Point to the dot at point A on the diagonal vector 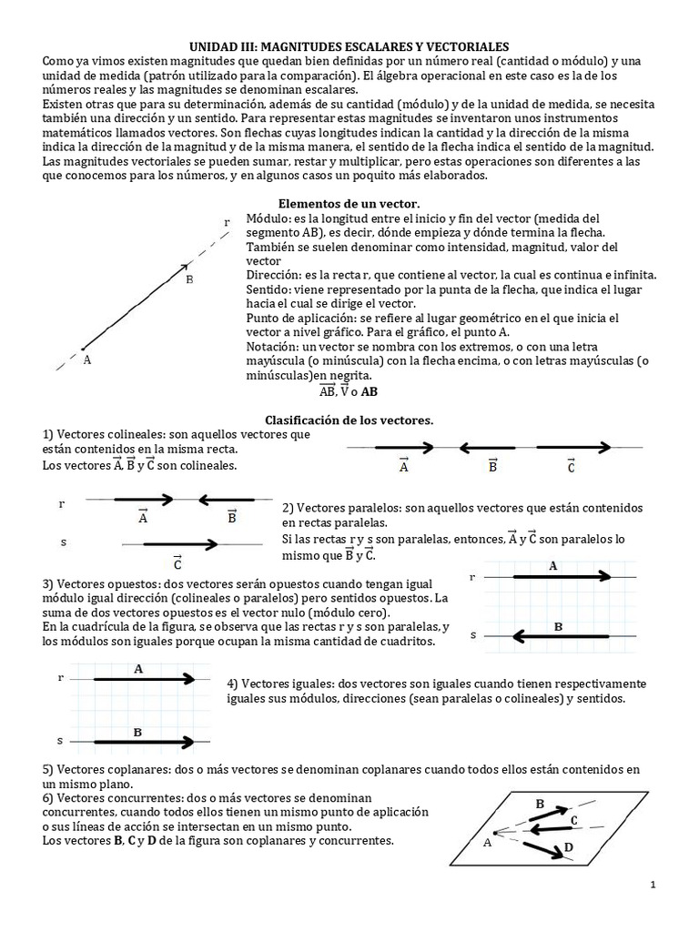point(83,347)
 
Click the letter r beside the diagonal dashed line point(226,222)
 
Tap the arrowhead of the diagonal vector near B point(186,267)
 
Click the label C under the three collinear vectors point(571,467)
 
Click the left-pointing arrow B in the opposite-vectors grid point(560,634)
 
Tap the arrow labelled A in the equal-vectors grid point(143,678)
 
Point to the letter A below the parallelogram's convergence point point(487,842)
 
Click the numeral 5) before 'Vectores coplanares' point(49,770)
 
